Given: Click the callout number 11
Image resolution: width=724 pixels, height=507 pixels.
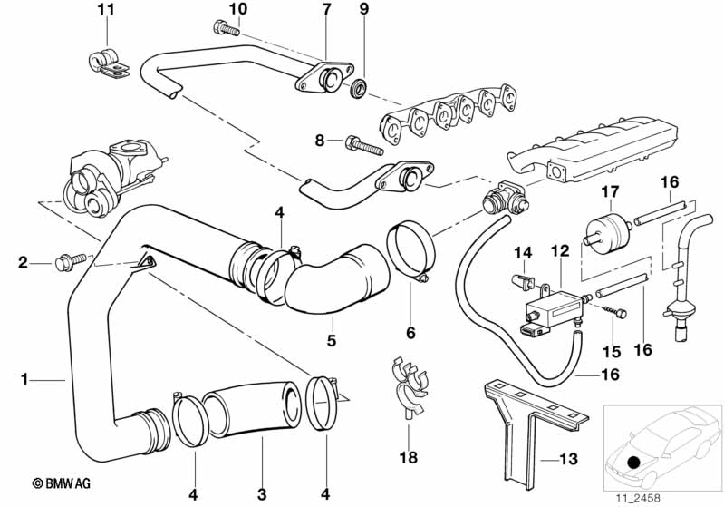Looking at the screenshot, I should click(106, 10).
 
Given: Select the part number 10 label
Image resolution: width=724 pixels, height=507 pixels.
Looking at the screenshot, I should click(237, 10).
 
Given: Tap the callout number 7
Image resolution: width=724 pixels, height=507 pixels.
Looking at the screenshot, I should click(327, 10).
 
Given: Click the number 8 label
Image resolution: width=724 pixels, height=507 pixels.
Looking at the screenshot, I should click(320, 141).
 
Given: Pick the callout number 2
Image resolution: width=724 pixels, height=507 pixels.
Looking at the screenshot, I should click(23, 264).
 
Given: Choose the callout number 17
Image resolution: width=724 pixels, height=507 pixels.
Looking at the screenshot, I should click(609, 191).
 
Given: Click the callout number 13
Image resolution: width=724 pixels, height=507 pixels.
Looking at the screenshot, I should click(568, 460).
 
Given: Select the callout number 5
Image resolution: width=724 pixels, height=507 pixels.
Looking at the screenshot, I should click(332, 341).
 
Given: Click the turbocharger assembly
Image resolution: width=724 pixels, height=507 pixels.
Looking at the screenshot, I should click(109, 172).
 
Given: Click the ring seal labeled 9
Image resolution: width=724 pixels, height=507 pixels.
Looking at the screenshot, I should click(360, 88).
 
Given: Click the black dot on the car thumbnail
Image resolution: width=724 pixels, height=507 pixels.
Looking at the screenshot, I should click(632, 463).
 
